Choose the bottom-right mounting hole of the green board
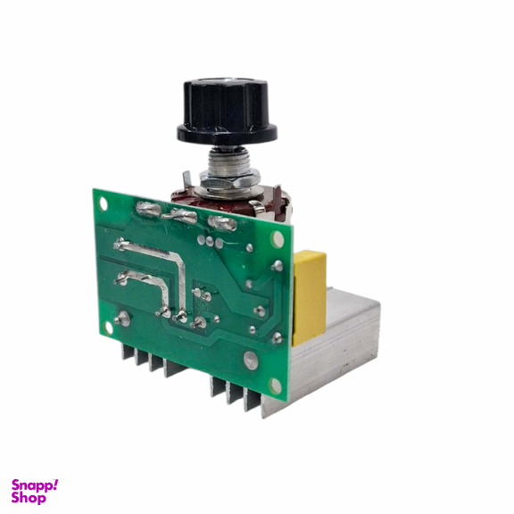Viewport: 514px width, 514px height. [277, 385]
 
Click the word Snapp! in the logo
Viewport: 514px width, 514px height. [35, 485]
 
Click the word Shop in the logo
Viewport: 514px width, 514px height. [29, 498]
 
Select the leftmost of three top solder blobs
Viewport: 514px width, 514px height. [148, 211]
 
